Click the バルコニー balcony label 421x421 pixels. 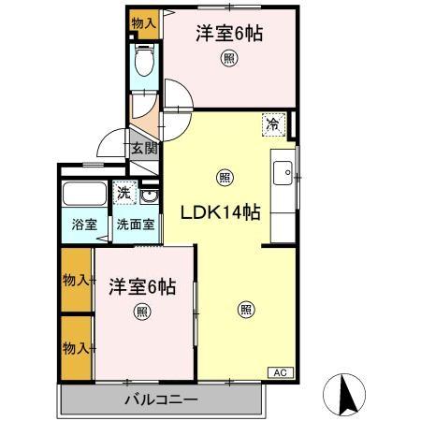coord(161,400)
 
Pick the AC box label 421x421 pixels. coord(280,372)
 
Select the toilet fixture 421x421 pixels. coord(144,65)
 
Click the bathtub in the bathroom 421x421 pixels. coord(84,196)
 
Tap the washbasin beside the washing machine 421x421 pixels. coord(149,196)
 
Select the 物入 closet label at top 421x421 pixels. coord(143,22)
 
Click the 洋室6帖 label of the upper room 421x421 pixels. coord(228,34)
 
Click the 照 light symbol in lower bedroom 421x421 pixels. coord(141,312)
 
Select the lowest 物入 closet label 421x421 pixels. coord(76,348)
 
